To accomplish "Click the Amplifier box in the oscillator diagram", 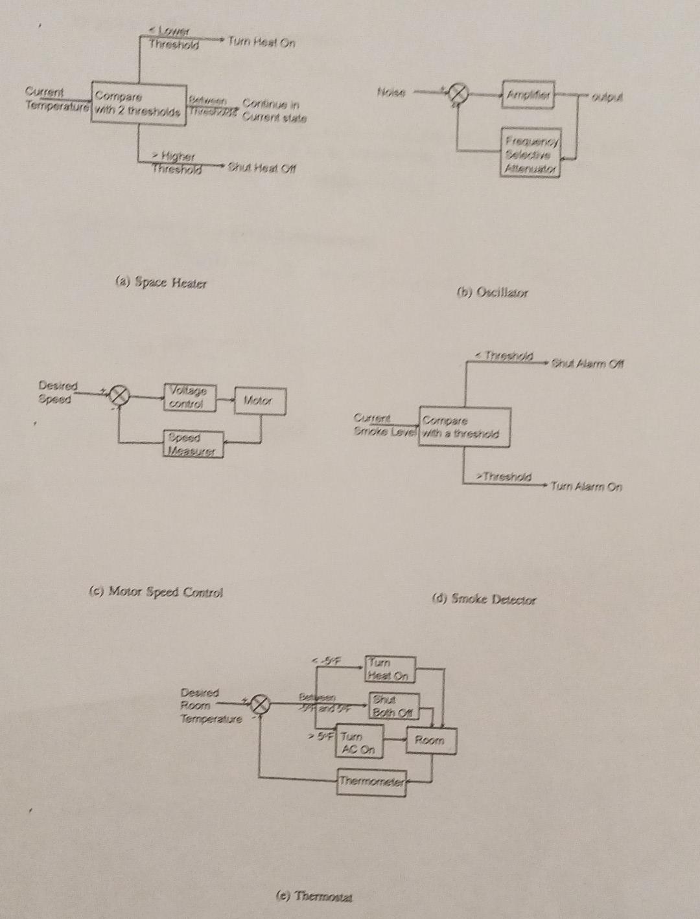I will [x=528, y=95].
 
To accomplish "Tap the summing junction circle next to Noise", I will [x=458, y=95].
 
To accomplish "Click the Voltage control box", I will [x=189, y=397].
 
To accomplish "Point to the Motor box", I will [x=259, y=401].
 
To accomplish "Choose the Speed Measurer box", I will [x=192, y=444].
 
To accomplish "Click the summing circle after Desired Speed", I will [x=119, y=395].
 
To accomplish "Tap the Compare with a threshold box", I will [x=463, y=427].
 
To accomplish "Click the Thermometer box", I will [x=372, y=782].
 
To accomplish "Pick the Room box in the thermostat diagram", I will [x=430, y=740].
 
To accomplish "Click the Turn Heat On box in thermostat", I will [x=389, y=669].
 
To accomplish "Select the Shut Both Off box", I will [x=394, y=705].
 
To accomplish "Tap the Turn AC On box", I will [x=360, y=742].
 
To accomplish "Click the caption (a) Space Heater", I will [x=161, y=283].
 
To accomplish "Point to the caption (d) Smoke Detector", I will [x=484, y=599].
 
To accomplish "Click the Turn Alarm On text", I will [x=586, y=486].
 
